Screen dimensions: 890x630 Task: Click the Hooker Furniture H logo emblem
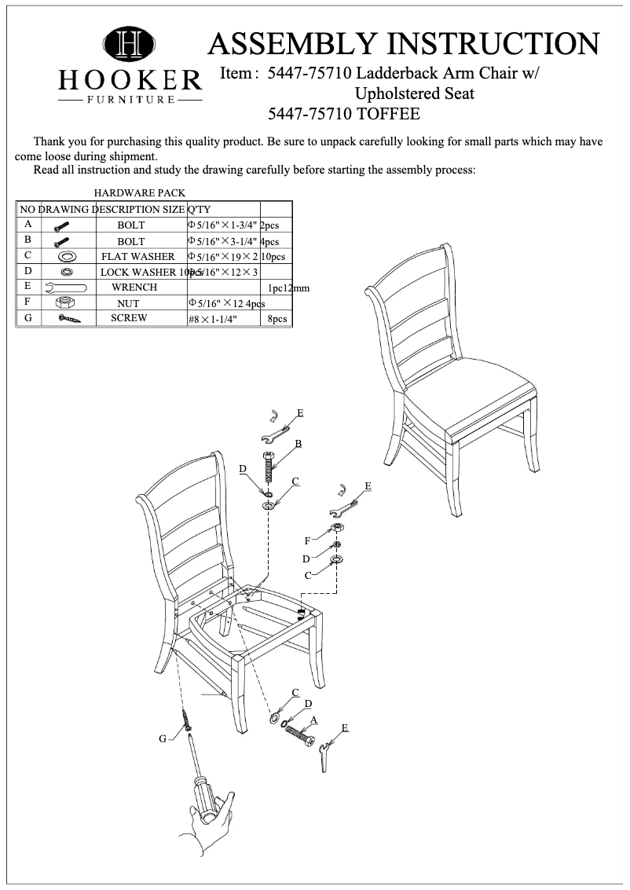[130, 45]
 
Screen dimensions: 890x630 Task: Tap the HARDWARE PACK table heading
[140, 192]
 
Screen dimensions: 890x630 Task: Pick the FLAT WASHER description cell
[138, 257]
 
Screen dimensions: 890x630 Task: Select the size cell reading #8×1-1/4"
[212, 320]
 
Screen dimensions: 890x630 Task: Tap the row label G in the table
[27, 318]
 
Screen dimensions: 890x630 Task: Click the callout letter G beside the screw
[163, 738]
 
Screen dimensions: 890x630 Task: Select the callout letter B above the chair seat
[299, 445]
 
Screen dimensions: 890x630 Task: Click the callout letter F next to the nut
[308, 540]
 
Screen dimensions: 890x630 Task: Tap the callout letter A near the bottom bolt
[313, 719]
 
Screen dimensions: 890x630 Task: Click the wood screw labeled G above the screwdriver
[187, 719]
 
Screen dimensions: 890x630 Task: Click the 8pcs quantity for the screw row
[278, 320]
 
